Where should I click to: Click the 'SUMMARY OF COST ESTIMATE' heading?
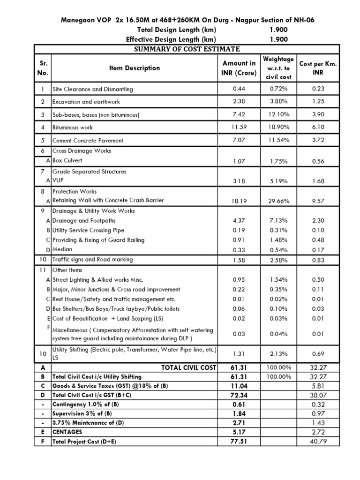pyautogui.click(x=187, y=49)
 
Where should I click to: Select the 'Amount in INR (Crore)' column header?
pyautogui.click(x=239, y=68)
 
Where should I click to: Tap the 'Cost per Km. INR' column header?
pyautogui.click(x=318, y=68)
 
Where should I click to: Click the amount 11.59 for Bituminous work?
pyautogui.click(x=239, y=127)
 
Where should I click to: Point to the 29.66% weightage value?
pyautogui.click(x=278, y=201)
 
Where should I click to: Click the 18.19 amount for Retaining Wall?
pyautogui.click(x=239, y=201)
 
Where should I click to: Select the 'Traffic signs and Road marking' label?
pyautogui.click(x=92, y=260)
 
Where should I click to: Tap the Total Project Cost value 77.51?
pyautogui.click(x=239, y=441)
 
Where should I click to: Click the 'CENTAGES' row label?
pyautogui.click(x=67, y=432)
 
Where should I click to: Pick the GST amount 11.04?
pyautogui.click(x=239, y=386)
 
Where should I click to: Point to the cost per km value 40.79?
pyautogui.click(x=318, y=441)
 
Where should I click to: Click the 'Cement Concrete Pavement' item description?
pyautogui.click(x=88, y=141)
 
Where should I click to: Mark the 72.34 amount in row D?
pyautogui.click(x=239, y=395)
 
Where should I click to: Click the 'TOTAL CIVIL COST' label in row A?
pyautogui.click(x=188, y=367)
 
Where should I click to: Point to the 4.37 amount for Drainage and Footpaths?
pyautogui.click(x=239, y=221)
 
